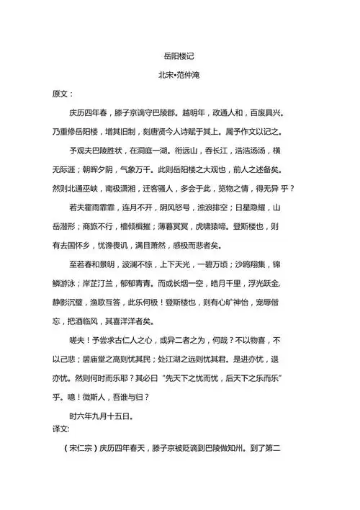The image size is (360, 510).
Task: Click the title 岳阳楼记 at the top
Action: tap(180, 55)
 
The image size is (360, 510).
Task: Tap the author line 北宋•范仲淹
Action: tap(180, 74)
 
